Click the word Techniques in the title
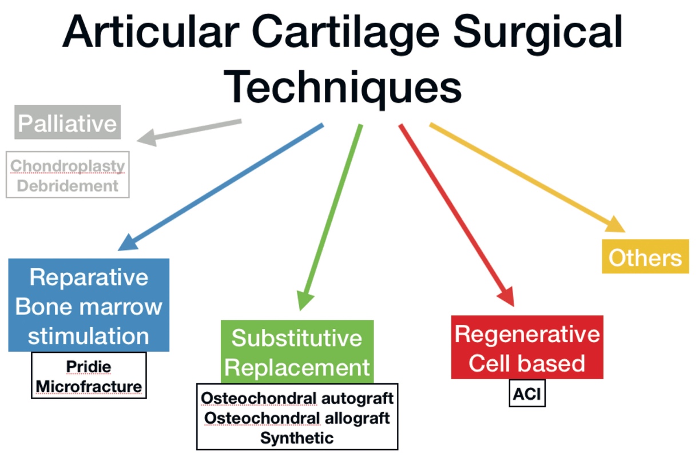click(x=343, y=88)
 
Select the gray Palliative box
click(x=67, y=122)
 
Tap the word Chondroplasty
click(x=67, y=166)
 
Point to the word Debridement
click(x=67, y=186)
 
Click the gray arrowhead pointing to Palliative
click(x=146, y=138)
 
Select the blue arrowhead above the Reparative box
click(x=128, y=243)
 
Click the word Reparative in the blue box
click(x=89, y=277)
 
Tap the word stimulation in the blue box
click(x=89, y=336)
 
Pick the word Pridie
click(x=89, y=367)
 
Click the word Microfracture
click(x=89, y=387)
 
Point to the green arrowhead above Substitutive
click(x=304, y=300)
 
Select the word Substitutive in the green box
click(x=297, y=338)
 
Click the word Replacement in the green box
click(x=297, y=367)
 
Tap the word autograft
click(x=358, y=399)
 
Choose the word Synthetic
click(x=297, y=438)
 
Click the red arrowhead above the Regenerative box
click(x=506, y=296)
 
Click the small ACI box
click(x=527, y=394)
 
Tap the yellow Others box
click(x=645, y=256)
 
